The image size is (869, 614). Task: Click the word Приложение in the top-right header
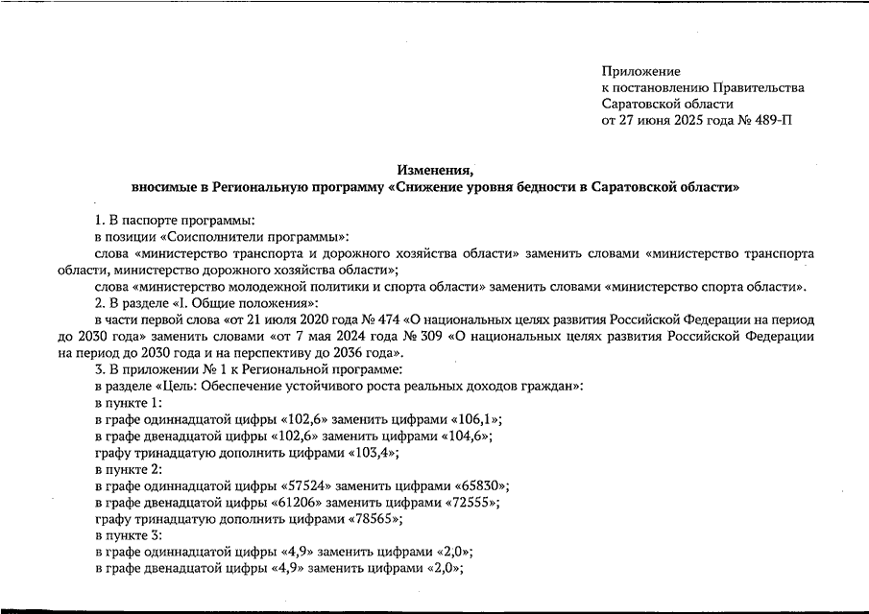point(640,72)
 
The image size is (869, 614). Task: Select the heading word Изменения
point(434,170)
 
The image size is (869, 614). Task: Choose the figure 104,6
point(464,436)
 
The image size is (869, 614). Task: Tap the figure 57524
point(315,485)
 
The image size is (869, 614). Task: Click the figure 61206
point(306,502)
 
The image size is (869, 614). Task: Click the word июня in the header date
point(658,121)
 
